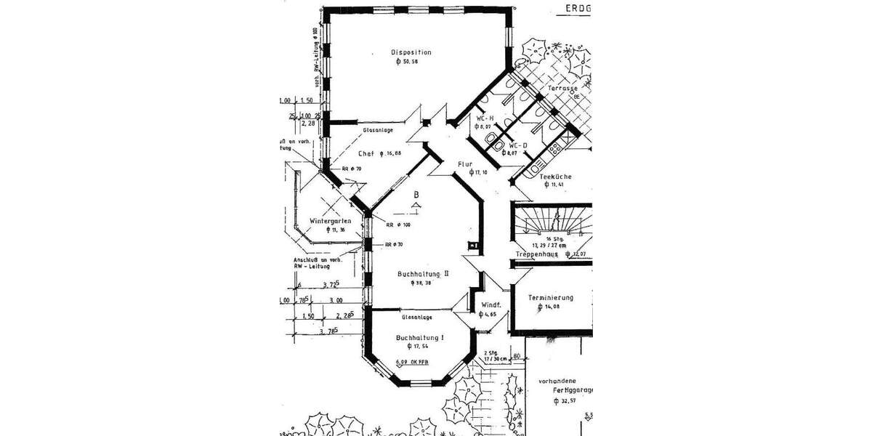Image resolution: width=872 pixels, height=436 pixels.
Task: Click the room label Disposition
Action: pyautogui.click(x=411, y=52)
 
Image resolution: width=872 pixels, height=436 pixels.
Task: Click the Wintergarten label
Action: pyautogui.click(x=331, y=220)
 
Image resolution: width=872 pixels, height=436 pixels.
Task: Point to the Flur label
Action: pyautogui.click(x=465, y=164)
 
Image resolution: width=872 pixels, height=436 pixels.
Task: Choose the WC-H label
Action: pyautogui.click(x=485, y=118)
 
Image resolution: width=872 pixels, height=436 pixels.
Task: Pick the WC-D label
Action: pyautogui.click(x=517, y=145)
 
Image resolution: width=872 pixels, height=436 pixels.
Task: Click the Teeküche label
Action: pyautogui.click(x=557, y=177)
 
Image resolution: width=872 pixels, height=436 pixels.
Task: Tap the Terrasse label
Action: pyautogui.click(x=563, y=88)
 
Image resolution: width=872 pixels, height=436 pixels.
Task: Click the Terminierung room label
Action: pyautogui.click(x=551, y=297)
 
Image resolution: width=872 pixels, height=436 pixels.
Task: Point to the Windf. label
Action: pyautogui.click(x=488, y=305)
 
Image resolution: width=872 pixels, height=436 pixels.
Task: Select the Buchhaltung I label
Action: pyautogui.click(x=420, y=338)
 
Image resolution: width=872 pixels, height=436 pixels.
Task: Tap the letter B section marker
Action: pyautogui.click(x=416, y=195)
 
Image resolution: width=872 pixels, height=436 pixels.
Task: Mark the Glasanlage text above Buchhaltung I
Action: pyautogui.click(x=417, y=318)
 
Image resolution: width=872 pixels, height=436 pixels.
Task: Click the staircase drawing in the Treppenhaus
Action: pyautogui.click(x=550, y=220)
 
